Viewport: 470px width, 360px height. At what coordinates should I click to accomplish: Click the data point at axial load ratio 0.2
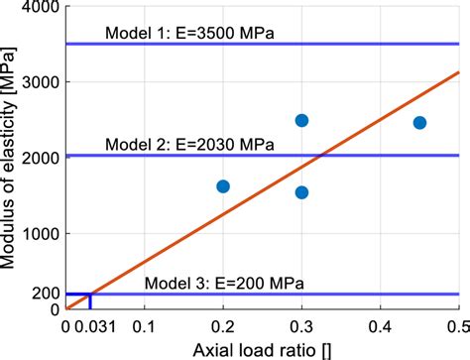pyautogui.click(x=223, y=186)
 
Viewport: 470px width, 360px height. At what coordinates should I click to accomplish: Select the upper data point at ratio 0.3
pyautogui.click(x=301, y=120)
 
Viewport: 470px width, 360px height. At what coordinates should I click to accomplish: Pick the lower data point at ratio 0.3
pyautogui.click(x=301, y=192)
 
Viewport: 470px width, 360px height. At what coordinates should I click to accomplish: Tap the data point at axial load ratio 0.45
pyautogui.click(x=419, y=122)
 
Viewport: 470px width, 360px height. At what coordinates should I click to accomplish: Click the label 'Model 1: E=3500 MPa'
pyautogui.click(x=189, y=34)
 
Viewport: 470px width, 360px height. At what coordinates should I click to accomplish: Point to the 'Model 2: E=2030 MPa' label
pyautogui.click(x=189, y=144)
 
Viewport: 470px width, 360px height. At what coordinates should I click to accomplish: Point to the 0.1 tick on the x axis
pyautogui.click(x=145, y=324)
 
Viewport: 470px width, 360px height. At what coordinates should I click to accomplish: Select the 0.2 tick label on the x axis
pyautogui.click(x=223, y=324)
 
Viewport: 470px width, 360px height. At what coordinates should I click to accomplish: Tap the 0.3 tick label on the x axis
pyautogui.click(x=301, y=324)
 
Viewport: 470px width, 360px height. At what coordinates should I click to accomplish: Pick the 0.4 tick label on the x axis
pyautogui.click(x=380, y=324)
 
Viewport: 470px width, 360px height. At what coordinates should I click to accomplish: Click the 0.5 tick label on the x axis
pyautogui.click(x=456, y=324)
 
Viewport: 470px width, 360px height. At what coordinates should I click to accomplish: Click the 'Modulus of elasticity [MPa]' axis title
pyautogui.click(x=12, y=159)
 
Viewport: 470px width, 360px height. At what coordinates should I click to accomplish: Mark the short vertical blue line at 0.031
pyautogui.click(x=90, y=301)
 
